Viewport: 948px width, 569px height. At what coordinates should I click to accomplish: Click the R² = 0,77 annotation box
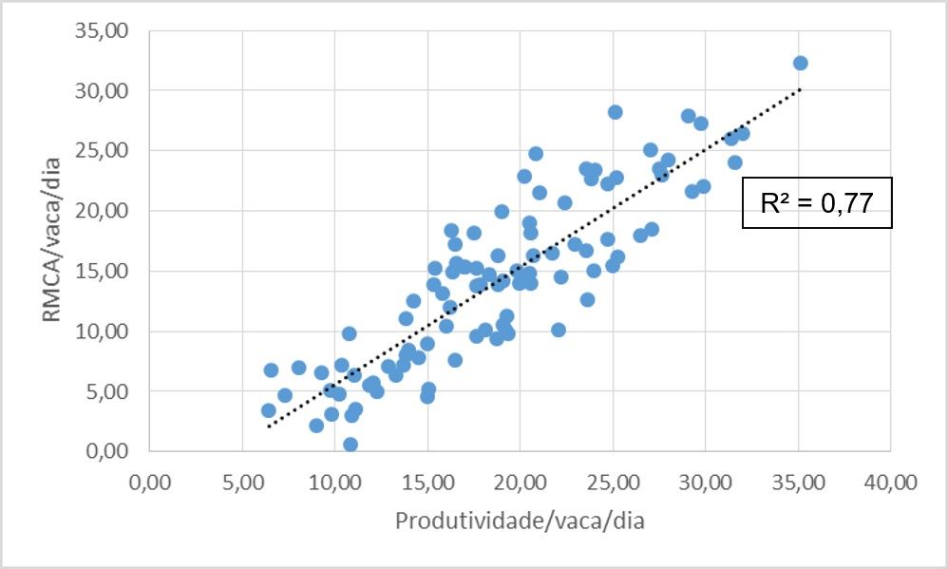817,202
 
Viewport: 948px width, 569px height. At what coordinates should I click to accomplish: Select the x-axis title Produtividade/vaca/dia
520,522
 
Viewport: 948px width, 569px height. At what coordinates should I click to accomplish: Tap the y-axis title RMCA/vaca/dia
53,241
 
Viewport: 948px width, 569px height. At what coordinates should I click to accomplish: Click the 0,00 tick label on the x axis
150,484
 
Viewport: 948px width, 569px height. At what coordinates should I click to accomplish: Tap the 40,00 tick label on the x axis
890,484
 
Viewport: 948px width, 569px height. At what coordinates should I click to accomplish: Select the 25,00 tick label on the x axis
613,484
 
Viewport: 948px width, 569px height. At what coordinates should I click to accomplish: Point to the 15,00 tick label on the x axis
427,484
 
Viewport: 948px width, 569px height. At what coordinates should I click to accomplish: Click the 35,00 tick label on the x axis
798,484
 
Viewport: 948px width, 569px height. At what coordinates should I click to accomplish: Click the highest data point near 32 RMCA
800,64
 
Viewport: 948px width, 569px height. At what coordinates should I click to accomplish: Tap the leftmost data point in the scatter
269,411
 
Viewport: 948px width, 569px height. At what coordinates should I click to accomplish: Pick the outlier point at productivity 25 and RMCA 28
615,112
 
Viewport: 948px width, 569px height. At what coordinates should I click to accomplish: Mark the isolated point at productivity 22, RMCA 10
559,330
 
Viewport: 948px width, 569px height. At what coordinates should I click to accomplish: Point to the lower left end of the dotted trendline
269,426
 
